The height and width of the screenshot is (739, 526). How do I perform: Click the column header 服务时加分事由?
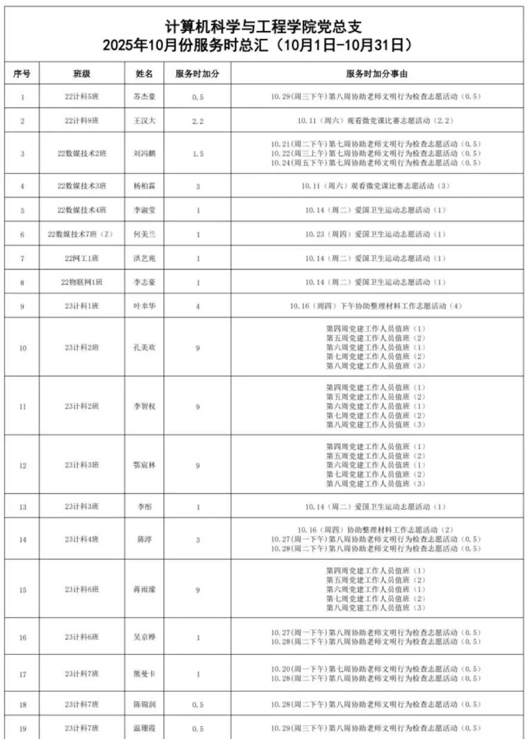point(376,73)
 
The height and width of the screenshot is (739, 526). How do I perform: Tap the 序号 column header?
point(23,73)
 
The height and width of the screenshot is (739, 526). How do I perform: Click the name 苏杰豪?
point(144,97)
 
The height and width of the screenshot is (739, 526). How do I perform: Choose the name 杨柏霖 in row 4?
point(144,186)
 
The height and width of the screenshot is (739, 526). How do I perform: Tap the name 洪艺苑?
point(144,258)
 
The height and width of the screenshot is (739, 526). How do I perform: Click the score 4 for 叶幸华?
point(198,306)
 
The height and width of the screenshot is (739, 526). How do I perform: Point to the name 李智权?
point(144,406)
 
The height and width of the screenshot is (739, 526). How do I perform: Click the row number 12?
point(23,465)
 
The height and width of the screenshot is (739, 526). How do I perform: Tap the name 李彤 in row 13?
point(144,507)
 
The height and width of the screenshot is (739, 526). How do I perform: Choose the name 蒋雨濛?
point(144,589)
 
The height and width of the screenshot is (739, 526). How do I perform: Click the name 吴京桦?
point(144,637)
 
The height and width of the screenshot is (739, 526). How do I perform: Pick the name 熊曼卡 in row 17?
point(144,674)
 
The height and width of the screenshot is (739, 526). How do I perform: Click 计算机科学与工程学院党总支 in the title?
point(263,27)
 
